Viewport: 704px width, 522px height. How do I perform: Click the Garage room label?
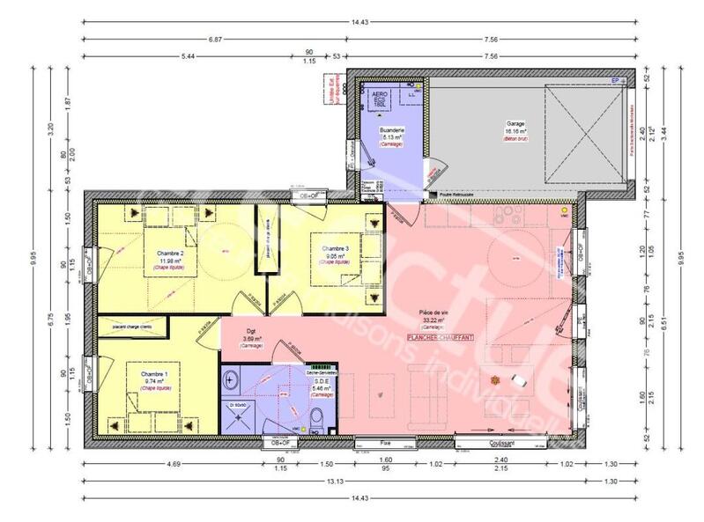coord(515,124)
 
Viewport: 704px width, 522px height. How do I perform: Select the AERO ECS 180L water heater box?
coord(380,99)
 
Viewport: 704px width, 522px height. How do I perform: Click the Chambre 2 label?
coord(169,253)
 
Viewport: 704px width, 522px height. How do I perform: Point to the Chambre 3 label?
coord(335,248)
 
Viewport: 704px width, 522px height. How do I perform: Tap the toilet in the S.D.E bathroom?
coord(315,416)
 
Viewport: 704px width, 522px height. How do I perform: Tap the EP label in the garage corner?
coord(618,81)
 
